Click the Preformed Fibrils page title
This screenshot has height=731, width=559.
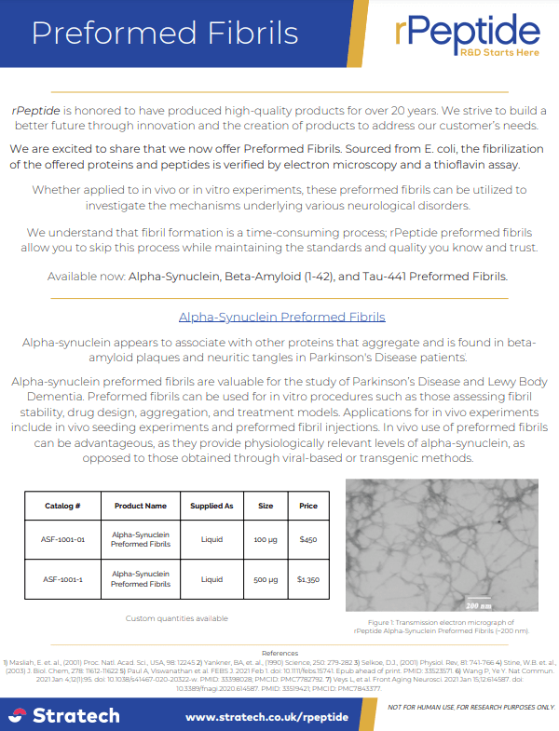point(164,33)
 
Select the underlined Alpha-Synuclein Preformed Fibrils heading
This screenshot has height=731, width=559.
point(281,317)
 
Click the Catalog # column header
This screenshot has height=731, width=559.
point(62,506)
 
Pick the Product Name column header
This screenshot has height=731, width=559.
point(141,506)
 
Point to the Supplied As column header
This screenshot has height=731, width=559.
point(211,506)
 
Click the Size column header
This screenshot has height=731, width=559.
point(266,506)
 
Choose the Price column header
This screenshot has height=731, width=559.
point(308,506)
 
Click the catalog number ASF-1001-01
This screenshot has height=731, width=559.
point(63,539)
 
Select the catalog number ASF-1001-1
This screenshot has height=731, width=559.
point(63,579)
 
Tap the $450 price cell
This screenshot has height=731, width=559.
point(308,539)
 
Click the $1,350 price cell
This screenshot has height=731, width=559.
point(308,579)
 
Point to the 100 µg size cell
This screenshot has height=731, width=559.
point(266,539)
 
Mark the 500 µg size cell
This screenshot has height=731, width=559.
point(266,579)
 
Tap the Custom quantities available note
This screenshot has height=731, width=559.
point(177,618)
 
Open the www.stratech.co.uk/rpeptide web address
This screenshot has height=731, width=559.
point(266,716)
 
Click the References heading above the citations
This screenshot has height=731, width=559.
point(279,654)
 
